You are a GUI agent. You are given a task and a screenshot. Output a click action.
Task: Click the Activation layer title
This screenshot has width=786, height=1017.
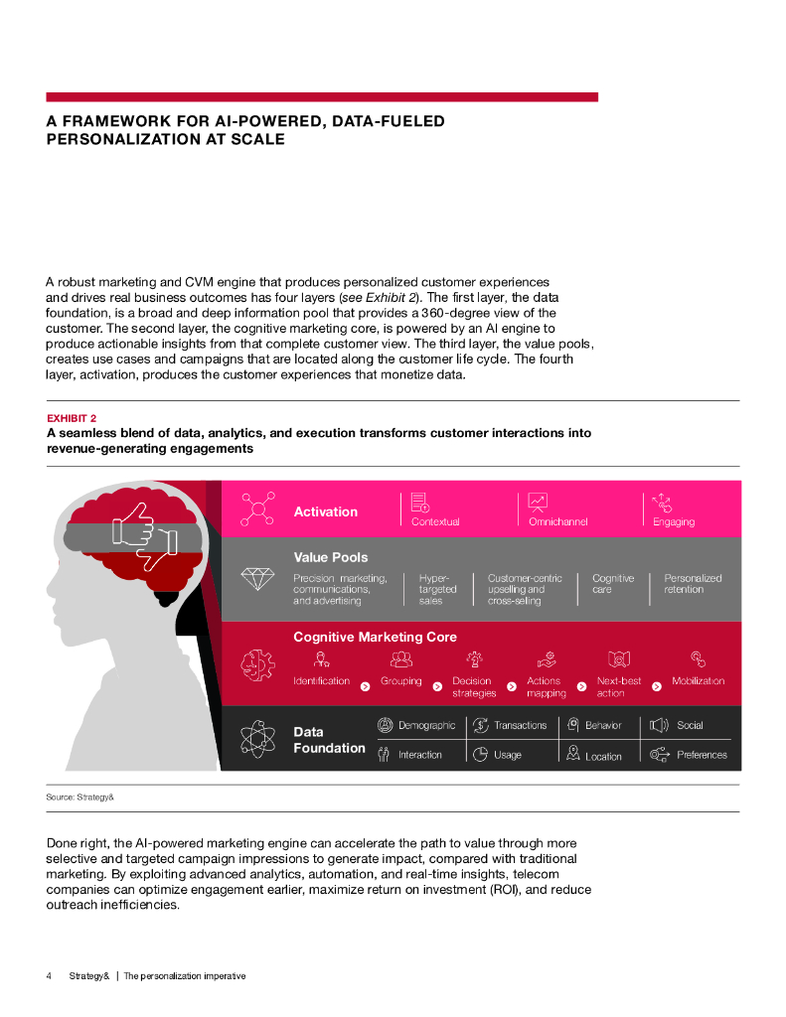325,511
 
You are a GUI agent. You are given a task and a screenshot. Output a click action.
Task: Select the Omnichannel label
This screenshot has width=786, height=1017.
557,521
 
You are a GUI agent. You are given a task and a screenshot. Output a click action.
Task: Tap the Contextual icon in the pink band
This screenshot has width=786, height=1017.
419,502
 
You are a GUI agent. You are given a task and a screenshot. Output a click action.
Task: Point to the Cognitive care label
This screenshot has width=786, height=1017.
612,583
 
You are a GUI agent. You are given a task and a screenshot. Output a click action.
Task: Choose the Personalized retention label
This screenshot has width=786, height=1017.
693,583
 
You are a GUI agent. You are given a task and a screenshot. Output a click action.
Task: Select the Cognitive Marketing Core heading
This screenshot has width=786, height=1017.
375,636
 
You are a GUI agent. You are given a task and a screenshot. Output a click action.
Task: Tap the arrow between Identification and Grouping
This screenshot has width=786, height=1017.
365,685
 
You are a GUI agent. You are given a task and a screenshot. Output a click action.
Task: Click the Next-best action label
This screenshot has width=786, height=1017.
618,686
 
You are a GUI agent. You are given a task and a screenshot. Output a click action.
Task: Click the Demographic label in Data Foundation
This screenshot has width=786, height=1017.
426,725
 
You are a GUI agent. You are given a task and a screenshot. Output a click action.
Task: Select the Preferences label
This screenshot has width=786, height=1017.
702,755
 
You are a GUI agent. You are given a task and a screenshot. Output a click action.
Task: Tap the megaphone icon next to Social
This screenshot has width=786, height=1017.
658,725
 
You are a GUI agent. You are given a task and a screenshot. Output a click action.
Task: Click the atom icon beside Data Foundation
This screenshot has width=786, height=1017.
257,738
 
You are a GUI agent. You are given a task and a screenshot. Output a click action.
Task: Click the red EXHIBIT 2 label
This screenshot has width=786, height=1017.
72,418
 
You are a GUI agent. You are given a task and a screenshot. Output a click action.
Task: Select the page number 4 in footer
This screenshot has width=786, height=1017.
49,975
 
